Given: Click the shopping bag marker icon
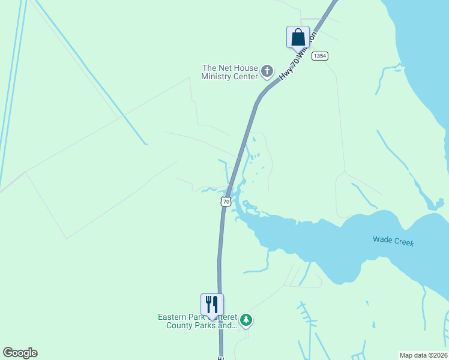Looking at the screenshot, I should (x=298, y=37).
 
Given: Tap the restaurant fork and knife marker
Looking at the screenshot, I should (x=212, y=305).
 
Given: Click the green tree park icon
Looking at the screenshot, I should (x=246, y=320).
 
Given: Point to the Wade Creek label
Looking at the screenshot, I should (x=393, y=241).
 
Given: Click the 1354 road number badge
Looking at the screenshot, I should (x=320, y=56).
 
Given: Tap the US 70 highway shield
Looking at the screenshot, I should (x=226, y=202).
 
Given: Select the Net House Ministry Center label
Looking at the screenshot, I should (x=231, y=72).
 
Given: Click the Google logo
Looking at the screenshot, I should (x=20, y=353).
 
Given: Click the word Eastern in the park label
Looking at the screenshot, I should (x=173, y=317).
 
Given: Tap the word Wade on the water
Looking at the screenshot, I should (x=383, y=239).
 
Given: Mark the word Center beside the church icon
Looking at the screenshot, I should (x=245, y=76).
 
